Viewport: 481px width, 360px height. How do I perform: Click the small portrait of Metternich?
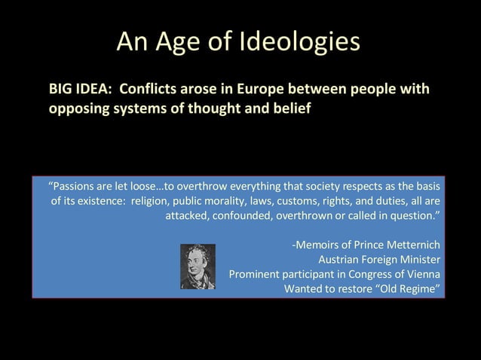tap(198, 266)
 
